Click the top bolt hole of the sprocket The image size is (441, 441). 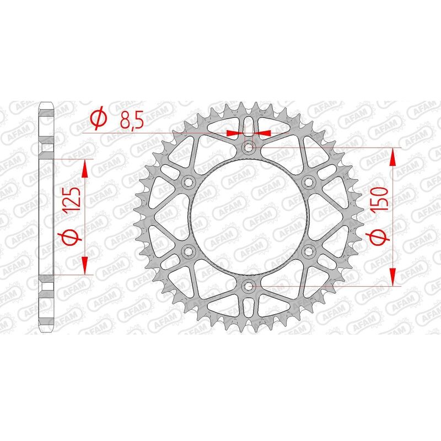(x=249, y=147)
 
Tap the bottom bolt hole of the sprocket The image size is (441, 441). (x=249, y=286)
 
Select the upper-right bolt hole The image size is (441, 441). (x=309, y=182)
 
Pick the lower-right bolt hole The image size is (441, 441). (x=309, y=251)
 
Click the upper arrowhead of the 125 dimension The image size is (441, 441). (x=85, y=169)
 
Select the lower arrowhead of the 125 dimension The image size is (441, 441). (x=85, y=265)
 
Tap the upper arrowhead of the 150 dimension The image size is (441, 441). (x=392, y=157)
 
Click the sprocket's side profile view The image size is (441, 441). (x=47, y=215)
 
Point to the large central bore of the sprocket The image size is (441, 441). (x=249, y=216)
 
